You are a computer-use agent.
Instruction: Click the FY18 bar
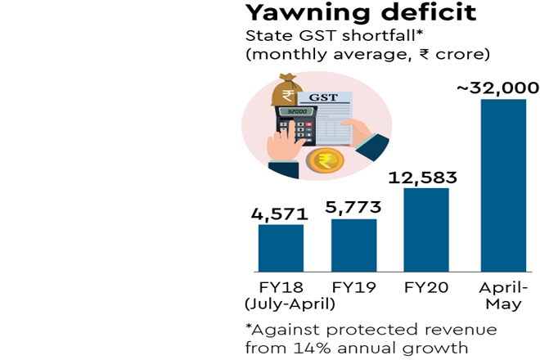[x=281, y=248]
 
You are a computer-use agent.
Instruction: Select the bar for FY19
[x=353, y=245]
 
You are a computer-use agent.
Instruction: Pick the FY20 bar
[x=426, y=230]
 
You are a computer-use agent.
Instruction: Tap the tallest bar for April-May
[x=502, y=185]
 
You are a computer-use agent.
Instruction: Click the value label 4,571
[x=278, y=215]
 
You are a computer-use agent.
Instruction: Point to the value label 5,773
[x=353, y=209]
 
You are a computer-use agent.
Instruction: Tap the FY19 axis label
[x=353, y=288]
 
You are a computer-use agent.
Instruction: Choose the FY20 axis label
[x=425, y=288]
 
